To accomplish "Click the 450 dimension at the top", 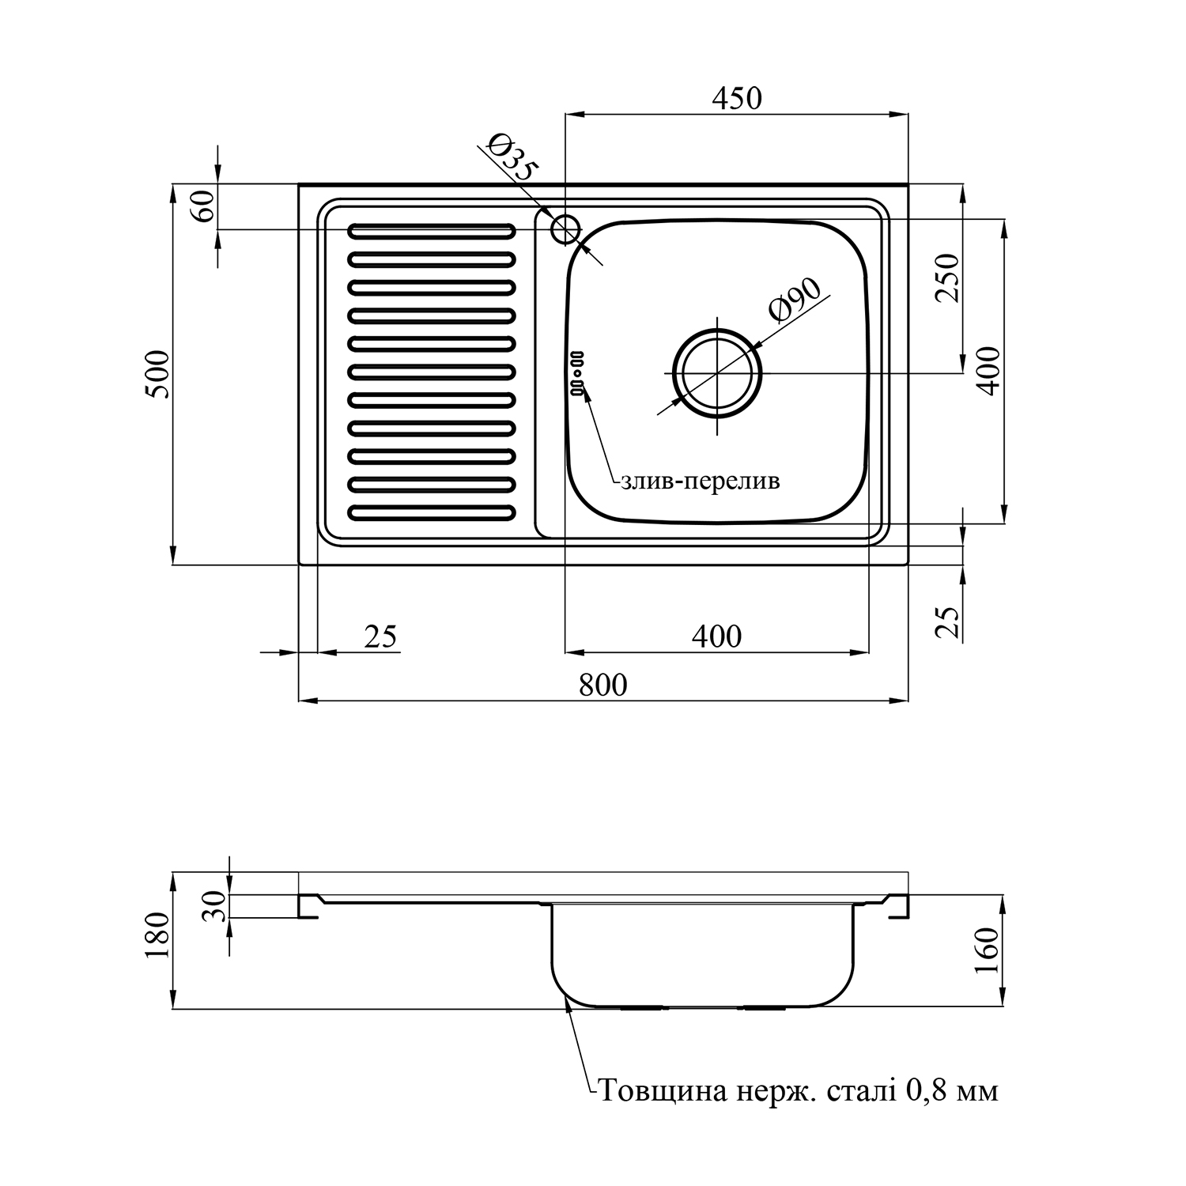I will pos(736,99).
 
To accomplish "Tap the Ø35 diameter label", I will pos(512,157).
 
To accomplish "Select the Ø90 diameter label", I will pos(795,300).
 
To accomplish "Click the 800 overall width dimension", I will pos(602,685).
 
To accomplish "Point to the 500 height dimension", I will pos(158,374).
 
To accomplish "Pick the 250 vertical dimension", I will pos(946,278).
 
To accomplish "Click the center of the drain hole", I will pos(717,372).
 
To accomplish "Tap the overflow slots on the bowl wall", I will pos(576,372).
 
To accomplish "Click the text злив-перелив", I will pos(700,481).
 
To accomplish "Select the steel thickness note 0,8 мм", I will pos(799,1091).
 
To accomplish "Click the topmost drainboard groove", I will pos(431,231).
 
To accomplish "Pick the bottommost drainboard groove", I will pos(431,513).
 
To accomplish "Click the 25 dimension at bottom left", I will pos(380,636).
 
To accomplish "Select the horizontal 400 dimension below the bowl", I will pos(716,636).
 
